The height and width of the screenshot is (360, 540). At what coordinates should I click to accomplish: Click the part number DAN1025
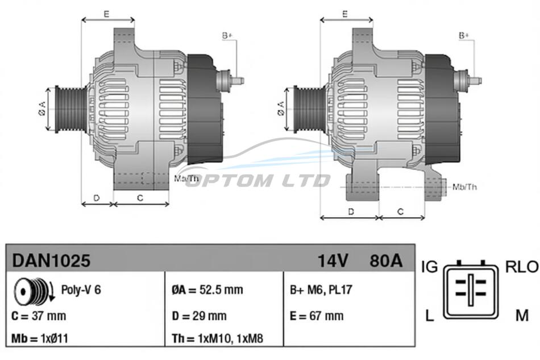(51, 260)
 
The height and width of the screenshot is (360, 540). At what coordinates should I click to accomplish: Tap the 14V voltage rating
(333, 260)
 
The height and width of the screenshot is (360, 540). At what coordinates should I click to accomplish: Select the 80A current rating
(386, 260)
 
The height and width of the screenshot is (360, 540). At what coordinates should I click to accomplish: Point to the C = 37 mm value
(39, 316)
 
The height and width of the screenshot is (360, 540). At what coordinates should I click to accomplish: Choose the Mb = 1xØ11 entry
(40, 338)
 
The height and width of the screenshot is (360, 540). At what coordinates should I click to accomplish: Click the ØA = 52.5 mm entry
(207, 289)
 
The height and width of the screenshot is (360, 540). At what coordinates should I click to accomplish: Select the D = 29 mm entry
(199, 316)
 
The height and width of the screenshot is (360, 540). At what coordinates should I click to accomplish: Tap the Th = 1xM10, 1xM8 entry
(217, 338)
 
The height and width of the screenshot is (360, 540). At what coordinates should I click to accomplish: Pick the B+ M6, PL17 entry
(321, 289)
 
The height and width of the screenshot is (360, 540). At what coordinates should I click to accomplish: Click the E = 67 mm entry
(317, 316)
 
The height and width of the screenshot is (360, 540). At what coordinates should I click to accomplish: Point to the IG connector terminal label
(430, 267)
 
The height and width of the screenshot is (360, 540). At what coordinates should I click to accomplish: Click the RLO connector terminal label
(521, 267)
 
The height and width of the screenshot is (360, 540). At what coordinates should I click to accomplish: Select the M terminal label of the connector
(522, 315)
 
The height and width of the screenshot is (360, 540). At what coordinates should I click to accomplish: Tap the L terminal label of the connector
(429, 315)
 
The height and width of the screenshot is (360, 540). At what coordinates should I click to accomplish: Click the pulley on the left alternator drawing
(71, 109)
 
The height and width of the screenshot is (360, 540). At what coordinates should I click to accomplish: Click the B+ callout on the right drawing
(463, 35)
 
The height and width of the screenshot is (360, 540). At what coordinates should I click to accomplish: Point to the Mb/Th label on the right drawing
(464, 187)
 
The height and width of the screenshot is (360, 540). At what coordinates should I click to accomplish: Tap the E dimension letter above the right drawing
(345, 14)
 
